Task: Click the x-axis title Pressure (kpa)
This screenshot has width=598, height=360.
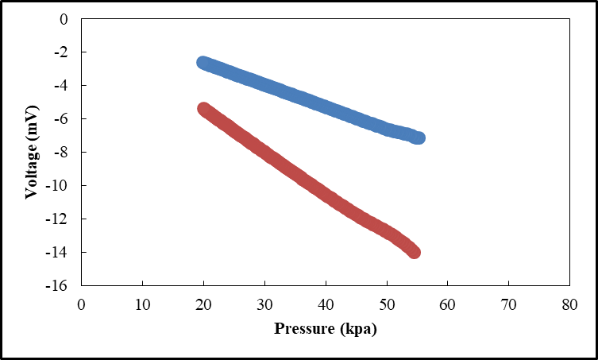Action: coord(326,329)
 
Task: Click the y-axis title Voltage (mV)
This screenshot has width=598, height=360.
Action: coord(32,152)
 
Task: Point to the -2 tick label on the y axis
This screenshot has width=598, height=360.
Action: coord(60,52)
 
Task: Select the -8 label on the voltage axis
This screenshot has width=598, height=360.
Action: coord(60,153)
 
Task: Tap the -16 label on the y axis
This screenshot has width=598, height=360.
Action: coord(56,285)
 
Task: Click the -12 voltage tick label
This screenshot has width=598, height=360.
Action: coord(56,219)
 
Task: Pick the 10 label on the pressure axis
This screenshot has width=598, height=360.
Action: coord(142,305)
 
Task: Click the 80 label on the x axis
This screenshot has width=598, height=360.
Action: coord(569,305)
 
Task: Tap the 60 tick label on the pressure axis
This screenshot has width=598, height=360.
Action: coord(447,305)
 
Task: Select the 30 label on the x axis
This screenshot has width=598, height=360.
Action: coord(264,305)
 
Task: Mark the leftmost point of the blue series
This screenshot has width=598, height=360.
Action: coord(203,63)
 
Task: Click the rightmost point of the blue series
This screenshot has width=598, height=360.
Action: coord(419,137)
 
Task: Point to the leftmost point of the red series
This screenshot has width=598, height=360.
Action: coord(203,109)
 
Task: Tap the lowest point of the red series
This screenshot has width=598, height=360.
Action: coord(414,252)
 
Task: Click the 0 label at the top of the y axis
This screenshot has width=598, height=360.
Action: coord(64,19)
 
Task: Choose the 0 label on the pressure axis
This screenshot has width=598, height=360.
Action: coord(81,305)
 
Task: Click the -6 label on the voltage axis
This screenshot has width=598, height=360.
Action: coord(60,118)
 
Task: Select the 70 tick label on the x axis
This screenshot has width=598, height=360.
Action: coord(508,305)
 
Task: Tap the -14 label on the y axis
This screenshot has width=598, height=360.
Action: coord(56,253)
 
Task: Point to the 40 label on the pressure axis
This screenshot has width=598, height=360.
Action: coord(326,305)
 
